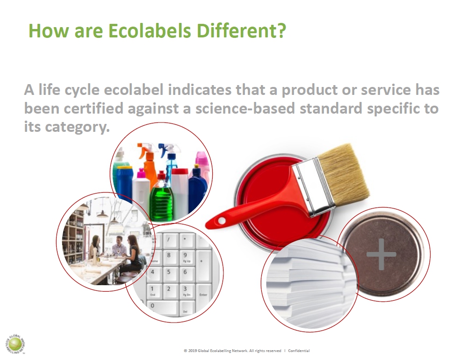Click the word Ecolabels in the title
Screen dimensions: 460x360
tap(150, 30)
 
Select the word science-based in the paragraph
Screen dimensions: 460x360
tap(245, 108)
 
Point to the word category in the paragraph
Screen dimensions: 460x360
tap(77, 127)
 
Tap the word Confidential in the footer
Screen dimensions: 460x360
tap(299, 351)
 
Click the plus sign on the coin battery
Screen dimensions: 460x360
tap(381, 254)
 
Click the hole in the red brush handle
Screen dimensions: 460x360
tap(222, 220)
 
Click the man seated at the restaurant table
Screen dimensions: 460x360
tap(119, 245)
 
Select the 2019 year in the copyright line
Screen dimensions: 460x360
tap(193, 351)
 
